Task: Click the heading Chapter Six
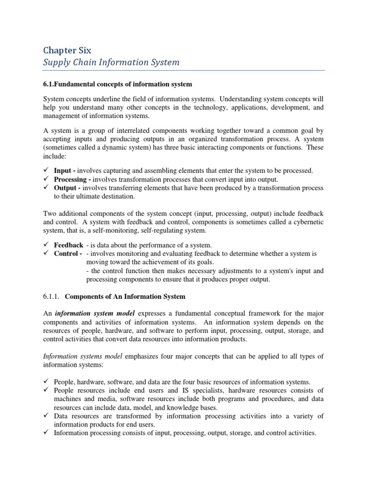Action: coord(66,50)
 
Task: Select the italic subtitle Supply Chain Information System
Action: coord(111,62)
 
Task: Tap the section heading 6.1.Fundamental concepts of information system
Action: coord(117,84)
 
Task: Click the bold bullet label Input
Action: coord(64,170)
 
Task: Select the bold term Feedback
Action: coord(68,245)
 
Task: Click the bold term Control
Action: coord(66,254)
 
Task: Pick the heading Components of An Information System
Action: coord(125,297)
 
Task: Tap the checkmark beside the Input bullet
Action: coord(46,170)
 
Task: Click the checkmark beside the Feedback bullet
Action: coord(46,245)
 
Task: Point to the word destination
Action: coord(117,196)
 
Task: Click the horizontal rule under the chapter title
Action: coord(183,70)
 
